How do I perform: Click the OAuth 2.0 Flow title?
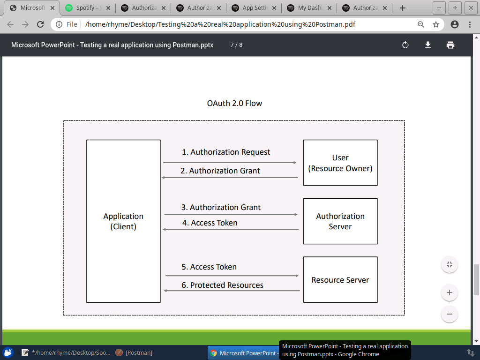tap(234, 103)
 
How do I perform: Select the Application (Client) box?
tap(123, 221)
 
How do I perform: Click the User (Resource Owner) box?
tap(340, 163)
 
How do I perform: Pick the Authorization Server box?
tap(340, 221)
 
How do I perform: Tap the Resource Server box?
tap(340, 280)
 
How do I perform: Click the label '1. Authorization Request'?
tap(226, 152)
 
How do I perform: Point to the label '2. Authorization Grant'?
tap(220, 171)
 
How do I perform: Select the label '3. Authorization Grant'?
tap(221, 207)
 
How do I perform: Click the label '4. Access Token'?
tap(210, 223)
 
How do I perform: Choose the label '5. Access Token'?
tap(209, 267)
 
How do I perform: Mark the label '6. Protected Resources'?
tap(222, 285)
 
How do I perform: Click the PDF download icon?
tap(427, 45)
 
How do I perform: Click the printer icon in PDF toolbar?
tap(450, 45)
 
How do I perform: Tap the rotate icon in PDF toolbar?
tap(405, 45)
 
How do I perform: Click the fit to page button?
tap(449, 264)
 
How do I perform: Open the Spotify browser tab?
tap(88, 8)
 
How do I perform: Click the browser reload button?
tap(40, 24)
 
